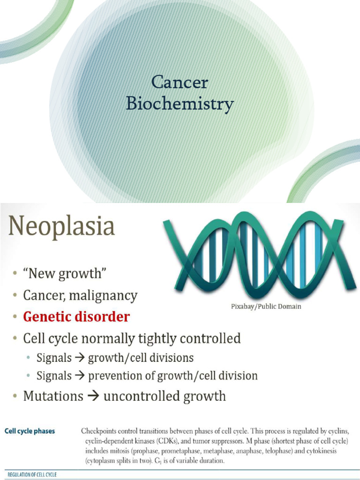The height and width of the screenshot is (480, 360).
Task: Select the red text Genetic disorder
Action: point(76,317)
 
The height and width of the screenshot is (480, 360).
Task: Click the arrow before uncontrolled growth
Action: point(93,397)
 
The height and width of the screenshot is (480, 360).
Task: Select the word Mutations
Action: point(53,397)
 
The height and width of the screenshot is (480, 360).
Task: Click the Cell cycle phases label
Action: point(30,431)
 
